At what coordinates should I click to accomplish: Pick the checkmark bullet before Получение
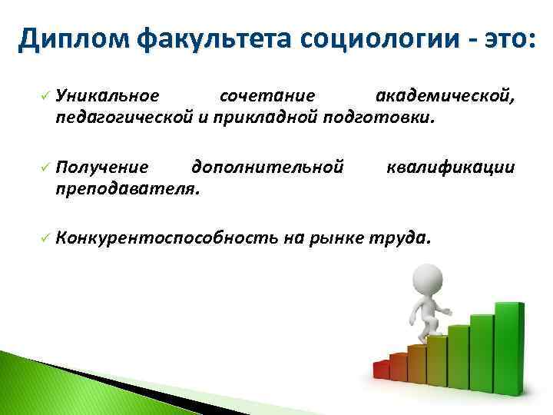coord(45,167)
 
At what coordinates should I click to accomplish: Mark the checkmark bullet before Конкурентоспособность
coord(45,237)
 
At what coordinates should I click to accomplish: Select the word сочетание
coord(267,96)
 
